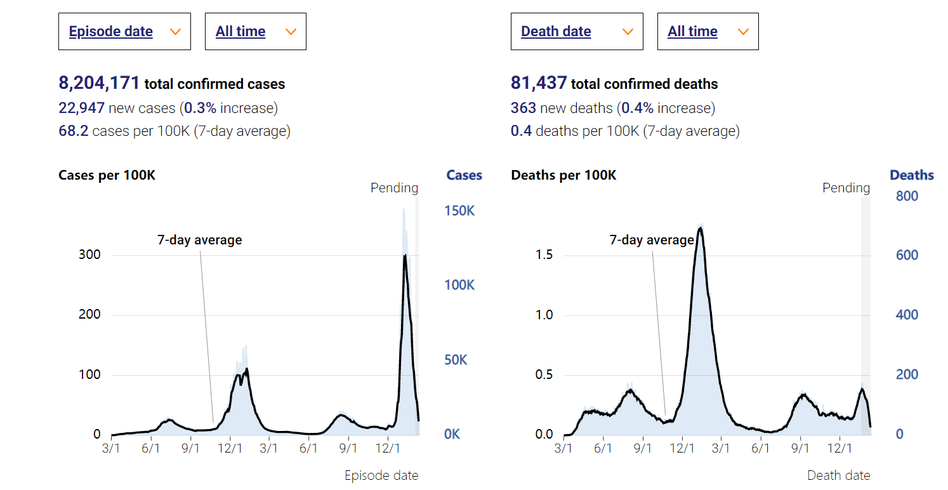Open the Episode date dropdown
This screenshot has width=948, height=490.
[x=124, y=32]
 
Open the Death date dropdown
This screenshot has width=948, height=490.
[x=576, y=32]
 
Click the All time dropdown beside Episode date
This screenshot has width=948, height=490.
[x=255, y=32]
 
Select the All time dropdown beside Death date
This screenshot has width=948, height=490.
[x=708, y=32]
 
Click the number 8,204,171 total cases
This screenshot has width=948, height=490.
[x=99, y=83]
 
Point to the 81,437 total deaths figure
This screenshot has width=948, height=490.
[x=539, y=83]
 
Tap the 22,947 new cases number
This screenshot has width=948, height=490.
[x=81, y=108]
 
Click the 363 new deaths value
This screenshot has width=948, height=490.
[x=523, y=108]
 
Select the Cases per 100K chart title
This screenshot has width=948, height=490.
[x=107, y=175]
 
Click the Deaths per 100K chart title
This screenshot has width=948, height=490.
[x=563, y=175]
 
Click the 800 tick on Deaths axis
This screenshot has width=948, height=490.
[x=907, y=196]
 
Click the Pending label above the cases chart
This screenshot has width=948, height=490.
[x=394, y=188]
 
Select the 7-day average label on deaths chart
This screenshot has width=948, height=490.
[x=652, y=240]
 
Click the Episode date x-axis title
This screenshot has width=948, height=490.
[x=381, y=475]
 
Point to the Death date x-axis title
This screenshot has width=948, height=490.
[x=838, y=475]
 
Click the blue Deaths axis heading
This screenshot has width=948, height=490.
[x=912, y=175]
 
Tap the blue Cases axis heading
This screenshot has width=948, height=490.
[x=464, y=175]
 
